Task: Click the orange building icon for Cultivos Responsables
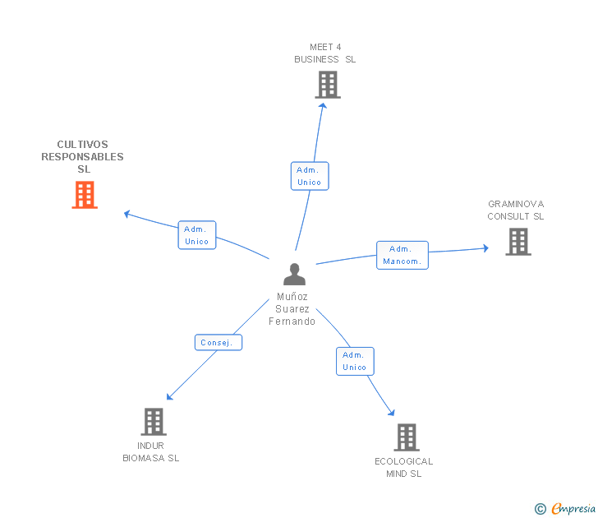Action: (85, 195)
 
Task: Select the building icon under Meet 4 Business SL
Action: (328, 85)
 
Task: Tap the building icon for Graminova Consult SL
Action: (518, 242)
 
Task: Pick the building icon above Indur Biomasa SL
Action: (154, 422)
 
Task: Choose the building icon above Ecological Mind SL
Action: (407, 437)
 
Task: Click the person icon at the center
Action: (294, 274)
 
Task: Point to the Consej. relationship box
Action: (218, 342)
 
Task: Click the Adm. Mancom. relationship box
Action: (402, 255)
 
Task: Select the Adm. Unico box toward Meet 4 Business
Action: (310, 176)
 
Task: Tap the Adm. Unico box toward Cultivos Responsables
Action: (197, 235)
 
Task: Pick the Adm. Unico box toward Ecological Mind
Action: (355, 361)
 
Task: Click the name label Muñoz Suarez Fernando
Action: (292, 309)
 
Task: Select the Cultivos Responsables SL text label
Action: (82, 156)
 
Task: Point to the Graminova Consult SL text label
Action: (516, 210)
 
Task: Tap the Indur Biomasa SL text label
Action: (150, 452)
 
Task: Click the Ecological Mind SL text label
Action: (404, 468)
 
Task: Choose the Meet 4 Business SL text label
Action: (325, 53)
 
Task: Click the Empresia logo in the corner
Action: (565, 508)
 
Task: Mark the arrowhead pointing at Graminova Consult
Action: (486, 248)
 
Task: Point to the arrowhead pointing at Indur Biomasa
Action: (170, 397)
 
